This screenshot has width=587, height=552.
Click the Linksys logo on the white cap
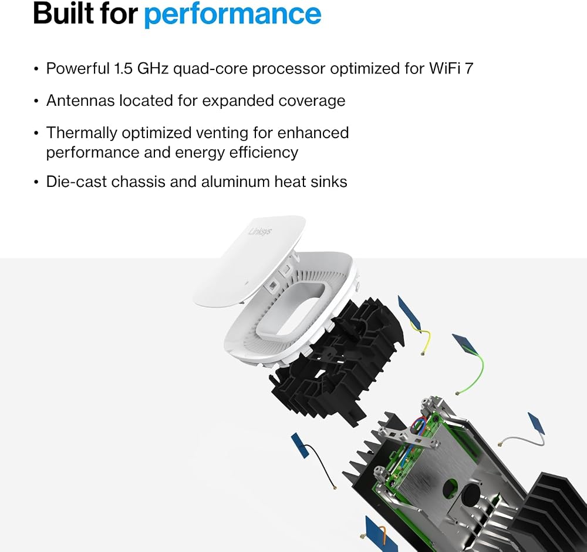[261, 230]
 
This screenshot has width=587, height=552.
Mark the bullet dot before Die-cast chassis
[36, 182]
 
